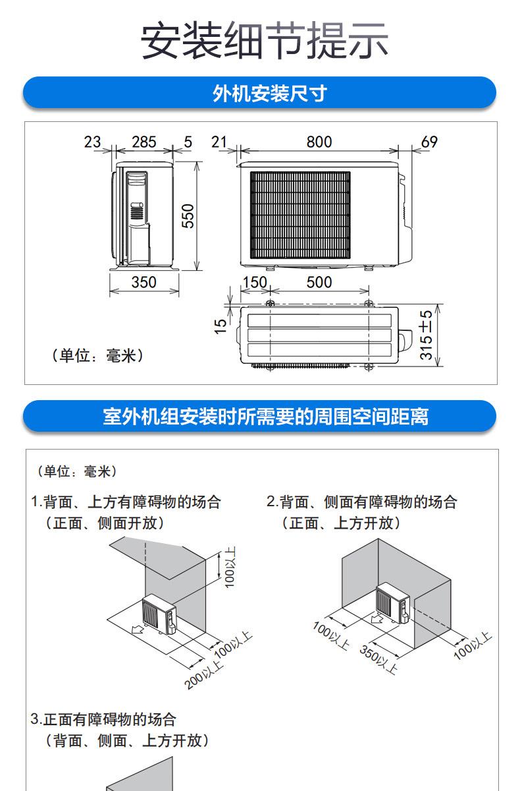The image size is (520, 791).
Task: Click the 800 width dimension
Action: point(319,142)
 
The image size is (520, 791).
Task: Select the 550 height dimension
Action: point(188,216)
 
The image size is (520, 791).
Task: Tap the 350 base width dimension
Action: point(143,282)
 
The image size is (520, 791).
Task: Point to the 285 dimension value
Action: point(143,142)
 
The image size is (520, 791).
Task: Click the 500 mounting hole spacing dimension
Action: point(319,282)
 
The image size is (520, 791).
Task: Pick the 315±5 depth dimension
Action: point(427,335)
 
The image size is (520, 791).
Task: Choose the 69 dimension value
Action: point(429,142)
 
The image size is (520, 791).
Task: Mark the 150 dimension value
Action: point(254,282)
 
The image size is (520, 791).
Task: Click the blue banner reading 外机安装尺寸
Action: point(260,93)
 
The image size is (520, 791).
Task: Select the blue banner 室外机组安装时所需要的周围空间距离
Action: point(260,417)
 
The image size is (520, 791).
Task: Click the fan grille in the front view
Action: point(300,215)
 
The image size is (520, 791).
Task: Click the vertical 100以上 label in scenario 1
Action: point(230,568)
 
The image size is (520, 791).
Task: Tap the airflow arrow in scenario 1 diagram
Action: point(139,630)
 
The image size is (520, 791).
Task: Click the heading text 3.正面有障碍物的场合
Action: point(104,718)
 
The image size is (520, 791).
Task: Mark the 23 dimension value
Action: point(93,142)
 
